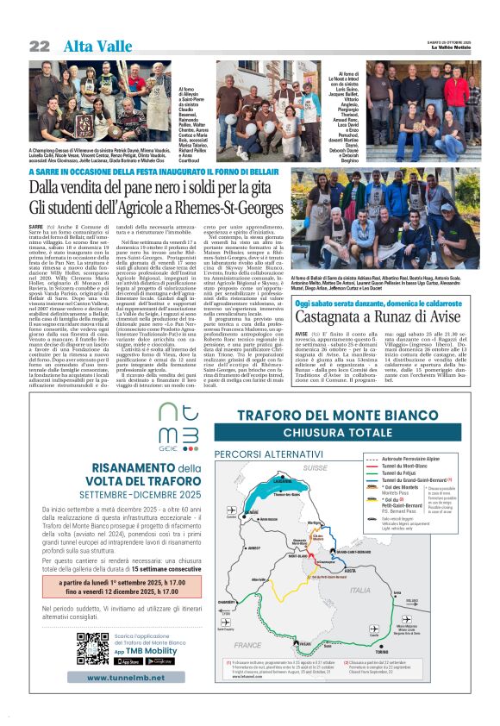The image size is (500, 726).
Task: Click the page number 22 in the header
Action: click(39, 45)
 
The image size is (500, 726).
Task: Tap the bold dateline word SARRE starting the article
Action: click(34, 224)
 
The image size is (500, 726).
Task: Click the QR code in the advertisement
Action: click(92, 648)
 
